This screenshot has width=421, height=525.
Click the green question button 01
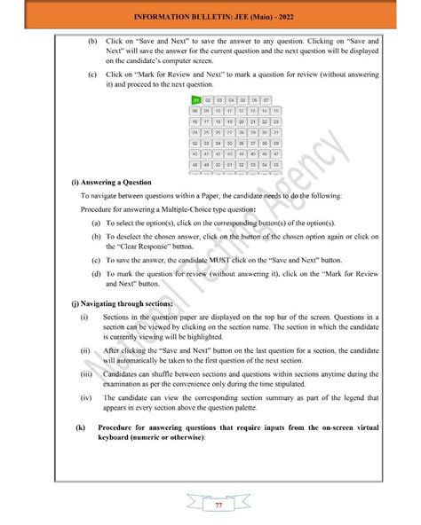[196, 101]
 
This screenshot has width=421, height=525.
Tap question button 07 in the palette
[266, 101]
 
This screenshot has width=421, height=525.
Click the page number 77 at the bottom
[218, 505]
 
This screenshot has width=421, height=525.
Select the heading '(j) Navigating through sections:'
[123, 302]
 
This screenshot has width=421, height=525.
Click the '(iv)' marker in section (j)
[83, 399]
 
